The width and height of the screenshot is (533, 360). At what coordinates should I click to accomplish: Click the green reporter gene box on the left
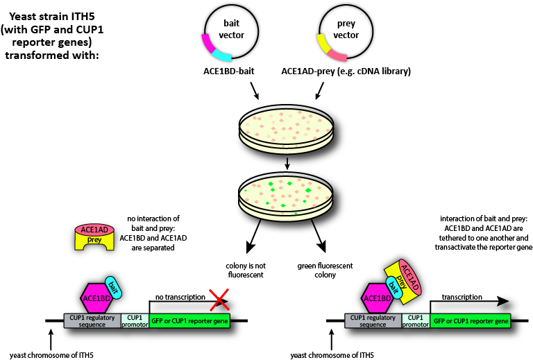(189, 320)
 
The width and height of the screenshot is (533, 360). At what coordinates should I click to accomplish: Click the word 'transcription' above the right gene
(462, 297)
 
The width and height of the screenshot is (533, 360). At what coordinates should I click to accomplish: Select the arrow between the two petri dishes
(287, 163)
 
